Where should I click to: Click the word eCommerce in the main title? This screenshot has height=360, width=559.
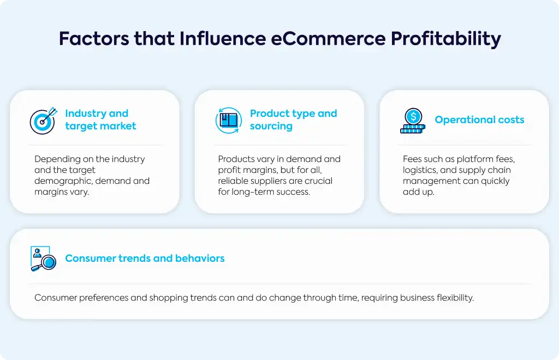(x=328, y=39)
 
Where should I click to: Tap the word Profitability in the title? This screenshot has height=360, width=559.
(x=446, y=39)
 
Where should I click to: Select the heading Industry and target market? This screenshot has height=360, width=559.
(x=100, y=119)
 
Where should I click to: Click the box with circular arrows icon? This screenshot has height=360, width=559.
(x=229, y=121)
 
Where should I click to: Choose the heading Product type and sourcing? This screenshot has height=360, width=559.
(x=293, y=119)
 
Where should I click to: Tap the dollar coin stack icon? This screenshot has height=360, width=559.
(x=413, y=121)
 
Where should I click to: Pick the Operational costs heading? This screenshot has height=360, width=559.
(x=479, y=119)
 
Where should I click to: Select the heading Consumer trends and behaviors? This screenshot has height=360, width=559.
(x=145, y=258)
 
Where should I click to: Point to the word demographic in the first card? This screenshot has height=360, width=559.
(x=63, y=181)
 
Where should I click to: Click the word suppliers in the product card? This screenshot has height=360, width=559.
(x=263, y=181)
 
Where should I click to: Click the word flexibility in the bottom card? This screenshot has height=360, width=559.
(x=455, y=298)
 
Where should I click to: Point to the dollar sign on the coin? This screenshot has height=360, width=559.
(x=413, y=116)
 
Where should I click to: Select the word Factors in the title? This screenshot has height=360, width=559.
(x=94, y=39)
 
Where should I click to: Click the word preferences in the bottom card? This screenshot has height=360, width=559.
(x=103, y=298)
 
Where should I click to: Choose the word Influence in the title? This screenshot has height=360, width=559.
(x=223, y=39)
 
